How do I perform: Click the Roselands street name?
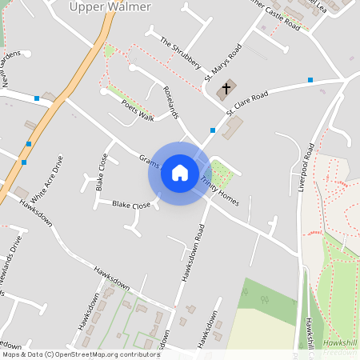(x=170, y=102)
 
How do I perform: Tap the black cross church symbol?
(x=226, y=88)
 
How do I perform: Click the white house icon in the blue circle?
(x=180, y=173)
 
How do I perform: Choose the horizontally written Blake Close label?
(x=131, y=206)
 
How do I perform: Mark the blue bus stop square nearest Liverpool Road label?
(x=310, y=79)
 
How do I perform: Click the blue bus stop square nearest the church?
(x=212, y=130)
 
